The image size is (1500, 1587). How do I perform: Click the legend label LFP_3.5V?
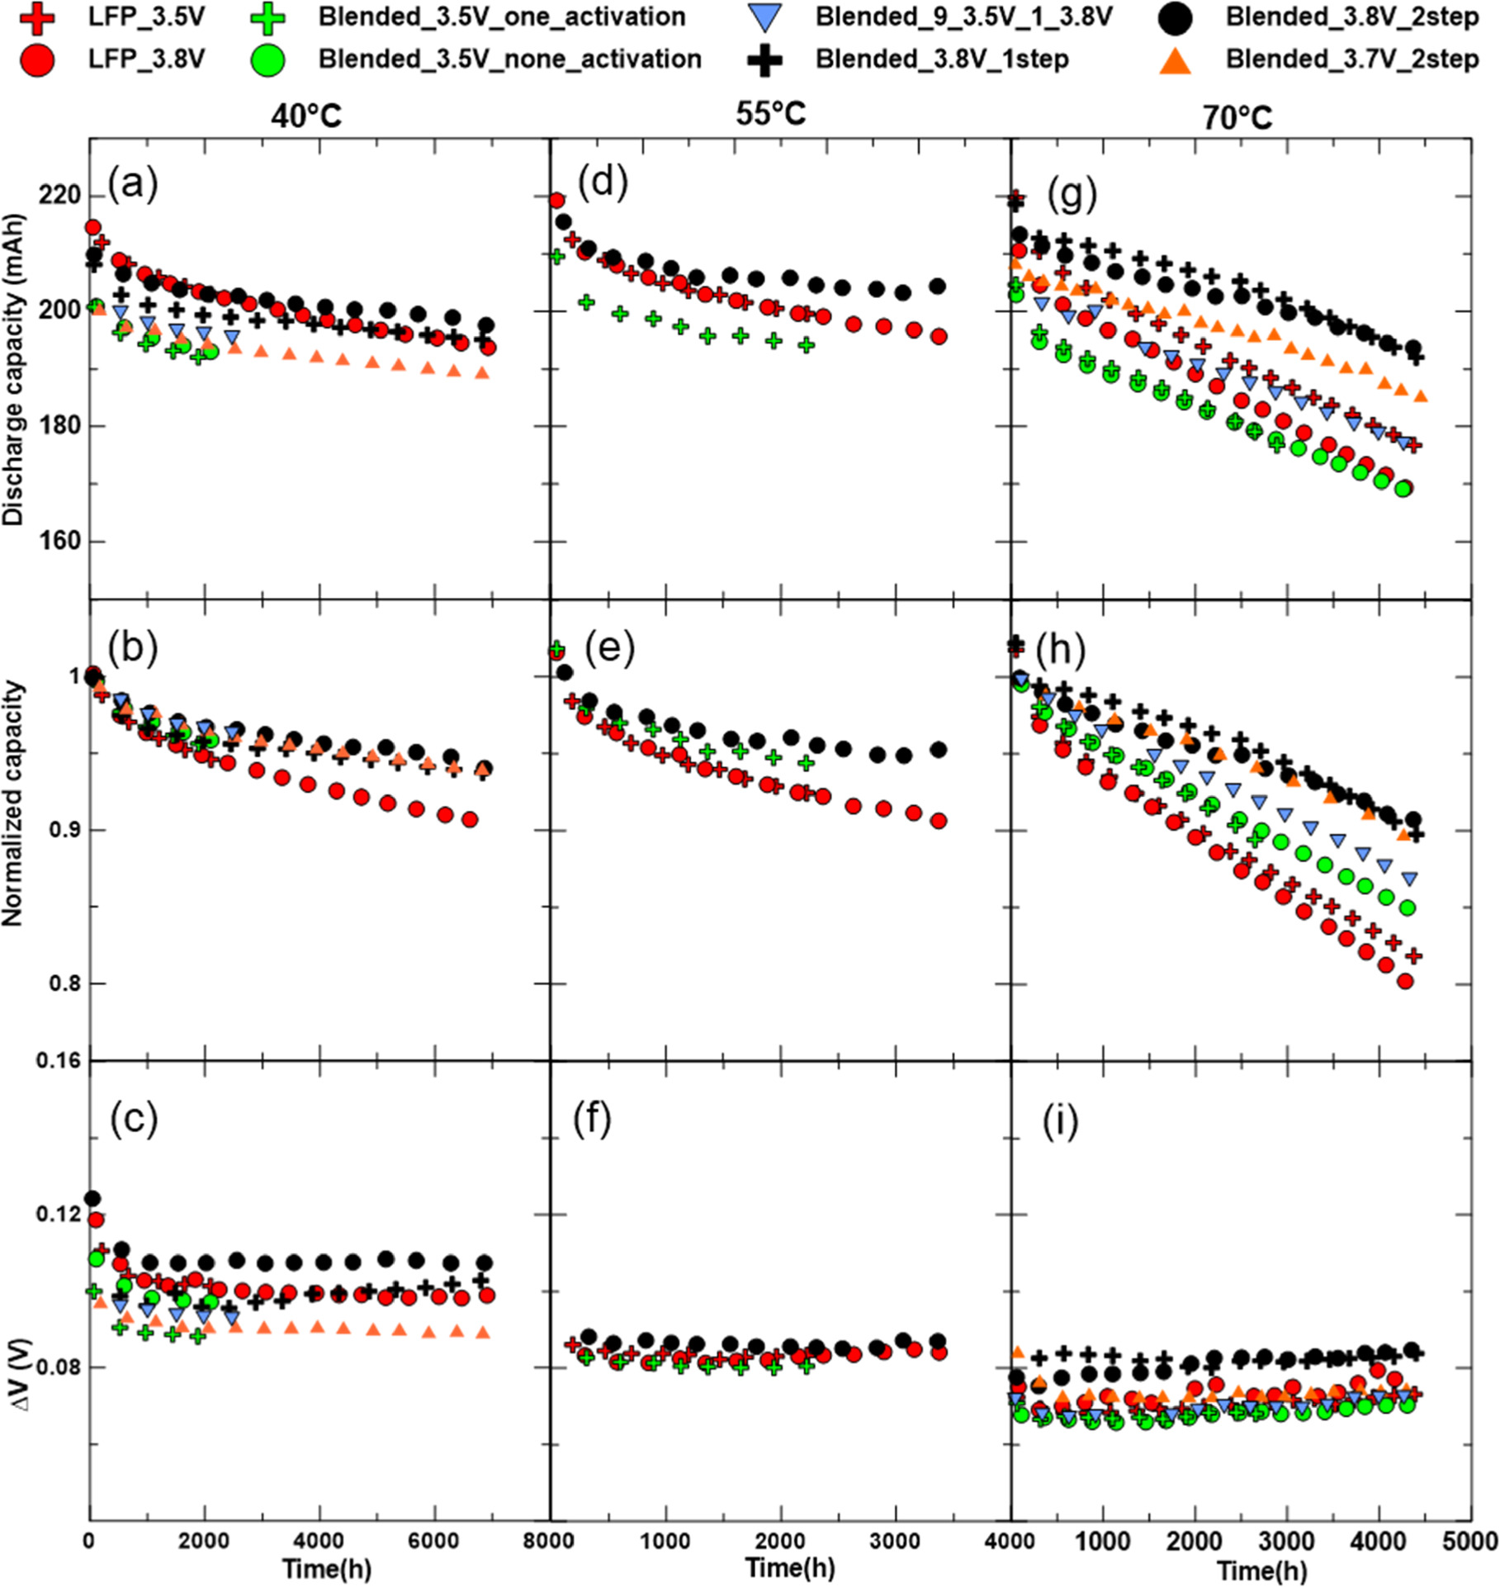146,17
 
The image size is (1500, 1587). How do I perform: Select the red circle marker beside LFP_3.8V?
36,59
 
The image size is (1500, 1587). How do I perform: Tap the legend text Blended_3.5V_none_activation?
509,59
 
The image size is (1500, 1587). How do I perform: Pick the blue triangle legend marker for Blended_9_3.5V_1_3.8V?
764,17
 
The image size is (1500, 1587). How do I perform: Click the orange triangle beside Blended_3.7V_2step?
1175,61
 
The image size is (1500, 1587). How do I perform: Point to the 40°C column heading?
306,116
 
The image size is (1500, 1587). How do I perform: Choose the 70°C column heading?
1237,117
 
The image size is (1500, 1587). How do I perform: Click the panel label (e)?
609,648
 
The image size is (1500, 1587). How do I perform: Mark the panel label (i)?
1060,1121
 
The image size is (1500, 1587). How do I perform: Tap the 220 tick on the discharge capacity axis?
59,196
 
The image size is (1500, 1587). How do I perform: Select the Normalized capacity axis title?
13,803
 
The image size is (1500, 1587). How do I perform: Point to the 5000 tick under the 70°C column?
1470,1541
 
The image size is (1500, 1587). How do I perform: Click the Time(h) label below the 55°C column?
789,1566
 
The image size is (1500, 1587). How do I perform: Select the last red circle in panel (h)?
1405,981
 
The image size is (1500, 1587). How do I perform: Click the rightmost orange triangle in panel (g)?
1421,397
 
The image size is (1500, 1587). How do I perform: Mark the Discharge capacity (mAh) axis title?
13,370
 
